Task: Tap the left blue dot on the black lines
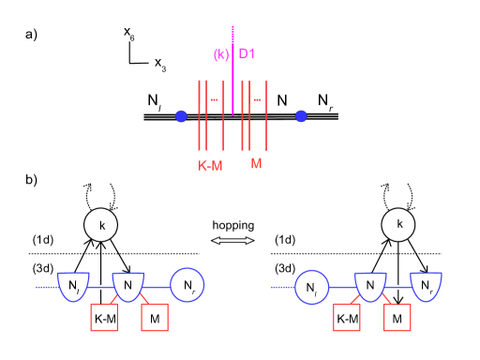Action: click(x=181, y=116)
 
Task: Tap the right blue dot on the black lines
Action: click(x=301, y=116)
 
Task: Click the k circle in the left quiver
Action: click(x=100, y=226)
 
